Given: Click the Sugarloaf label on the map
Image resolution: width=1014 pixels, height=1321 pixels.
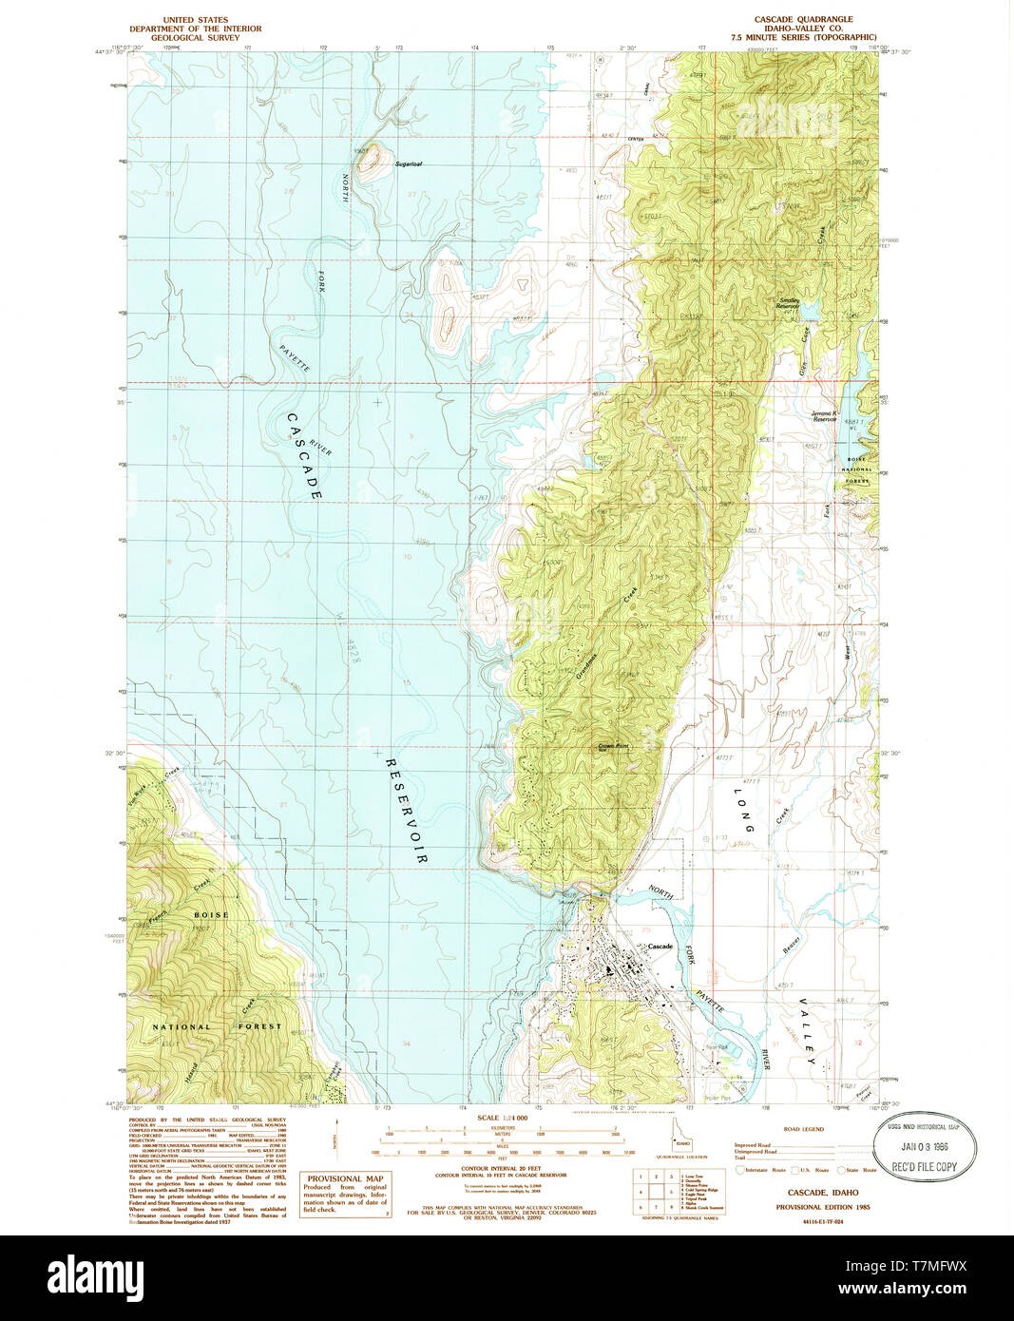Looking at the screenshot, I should (409, 164).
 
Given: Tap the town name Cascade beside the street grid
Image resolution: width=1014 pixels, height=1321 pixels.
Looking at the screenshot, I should (660, 947).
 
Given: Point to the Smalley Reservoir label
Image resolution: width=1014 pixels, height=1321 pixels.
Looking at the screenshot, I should (788, 303).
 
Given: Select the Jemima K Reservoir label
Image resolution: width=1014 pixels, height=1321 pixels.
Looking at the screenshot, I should (823, 416).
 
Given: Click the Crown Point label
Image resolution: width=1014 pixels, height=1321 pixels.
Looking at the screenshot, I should (614, 746).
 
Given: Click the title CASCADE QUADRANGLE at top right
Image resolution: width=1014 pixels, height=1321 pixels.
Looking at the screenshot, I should (803, 19).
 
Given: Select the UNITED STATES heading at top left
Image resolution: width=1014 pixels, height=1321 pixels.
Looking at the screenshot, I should (195, 19).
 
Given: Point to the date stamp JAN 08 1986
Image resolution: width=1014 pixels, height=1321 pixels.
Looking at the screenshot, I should (924, 1147).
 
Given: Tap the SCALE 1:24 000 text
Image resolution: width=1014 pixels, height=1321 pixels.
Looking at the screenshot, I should (503, 1118).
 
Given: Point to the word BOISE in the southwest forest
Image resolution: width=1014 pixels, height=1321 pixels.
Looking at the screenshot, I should (211, 915).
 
